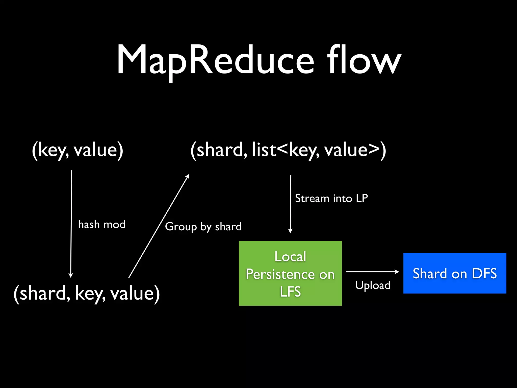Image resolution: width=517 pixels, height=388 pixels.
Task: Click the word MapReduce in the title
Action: [x=215, y=61]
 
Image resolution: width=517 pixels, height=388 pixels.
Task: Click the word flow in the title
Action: [x=364, y=61]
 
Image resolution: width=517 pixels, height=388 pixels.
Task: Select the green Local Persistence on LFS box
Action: [x=290, y=273]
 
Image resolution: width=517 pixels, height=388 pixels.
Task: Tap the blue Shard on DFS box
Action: [x=455, y=273]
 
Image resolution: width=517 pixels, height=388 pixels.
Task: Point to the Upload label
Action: [x=373, y=285]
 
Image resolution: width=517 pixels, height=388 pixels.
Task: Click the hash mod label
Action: [x=101, y=224]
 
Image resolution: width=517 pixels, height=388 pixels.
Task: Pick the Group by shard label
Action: [x=203, y=227]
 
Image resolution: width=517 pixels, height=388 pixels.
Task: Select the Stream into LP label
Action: [x=331, y=198]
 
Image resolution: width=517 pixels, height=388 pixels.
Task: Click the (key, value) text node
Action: [x=77, y=150]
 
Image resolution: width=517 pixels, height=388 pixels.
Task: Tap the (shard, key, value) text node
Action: [x=86, y=294]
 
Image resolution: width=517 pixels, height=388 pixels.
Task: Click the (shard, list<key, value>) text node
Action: [x=288, y=150]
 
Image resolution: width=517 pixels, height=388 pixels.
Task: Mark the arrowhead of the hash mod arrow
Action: [x=71, y=276]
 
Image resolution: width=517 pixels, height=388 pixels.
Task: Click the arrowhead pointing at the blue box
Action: [x=397, y=272]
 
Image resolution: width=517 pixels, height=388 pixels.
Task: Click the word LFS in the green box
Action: [x=290, y=292]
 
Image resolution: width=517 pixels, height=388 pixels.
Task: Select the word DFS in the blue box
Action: [x=484, y=273]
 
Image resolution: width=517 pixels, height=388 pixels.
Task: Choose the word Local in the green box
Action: [x=290, y=256]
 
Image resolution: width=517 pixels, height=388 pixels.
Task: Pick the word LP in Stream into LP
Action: [x=362, y=198]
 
